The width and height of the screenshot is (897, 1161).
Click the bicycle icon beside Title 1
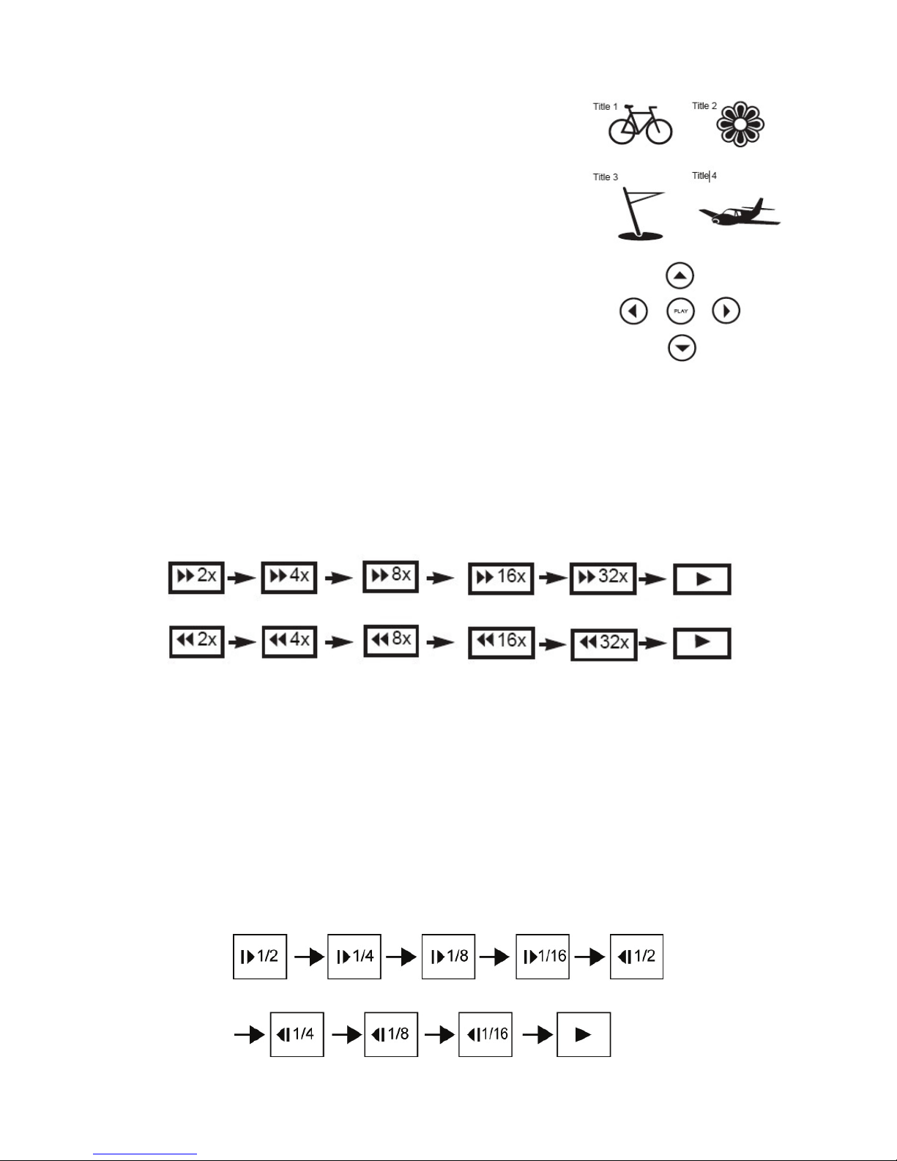(x=640, y=125)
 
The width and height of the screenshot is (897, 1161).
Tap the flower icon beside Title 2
(x=740, y=124)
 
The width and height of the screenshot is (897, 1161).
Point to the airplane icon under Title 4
(x=740, y=213)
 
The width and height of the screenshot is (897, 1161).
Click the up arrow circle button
(x=680, y=275)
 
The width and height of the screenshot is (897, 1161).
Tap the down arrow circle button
(x=682, y=349)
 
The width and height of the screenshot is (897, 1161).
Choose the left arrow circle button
(x=633, y=311)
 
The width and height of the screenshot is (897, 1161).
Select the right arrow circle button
(x=726, y=311)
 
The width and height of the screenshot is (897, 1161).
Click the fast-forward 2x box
(x=196, y=577)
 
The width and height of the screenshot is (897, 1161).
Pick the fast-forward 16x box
(x=501, y=578)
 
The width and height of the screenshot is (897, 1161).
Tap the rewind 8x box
(x=391, y=641)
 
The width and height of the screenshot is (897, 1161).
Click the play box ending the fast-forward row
(x=702, y=579)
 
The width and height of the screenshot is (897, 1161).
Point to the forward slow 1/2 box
(x=260, y=957)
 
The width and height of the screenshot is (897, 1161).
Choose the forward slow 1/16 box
(x=543, y=957)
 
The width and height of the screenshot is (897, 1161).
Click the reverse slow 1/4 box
(x=297, y=1034)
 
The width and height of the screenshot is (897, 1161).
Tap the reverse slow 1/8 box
(x=391, y=1034)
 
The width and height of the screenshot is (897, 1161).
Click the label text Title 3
(x=605, y=177)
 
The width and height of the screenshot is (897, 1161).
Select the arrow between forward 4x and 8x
(x=338, y=578)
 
